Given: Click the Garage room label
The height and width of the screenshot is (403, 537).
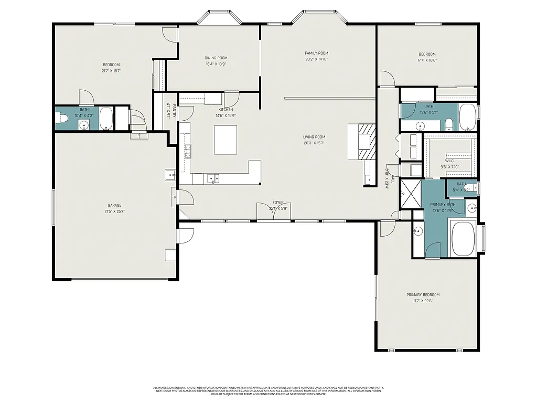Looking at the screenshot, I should point(115,205).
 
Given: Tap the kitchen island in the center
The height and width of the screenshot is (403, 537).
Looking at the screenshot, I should point(225,140).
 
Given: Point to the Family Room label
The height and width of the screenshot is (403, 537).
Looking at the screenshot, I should point(316,53).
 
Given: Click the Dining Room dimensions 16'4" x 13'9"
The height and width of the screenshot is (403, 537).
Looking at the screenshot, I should point(216,64).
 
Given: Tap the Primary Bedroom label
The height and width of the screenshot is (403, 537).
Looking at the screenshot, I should point(423,295).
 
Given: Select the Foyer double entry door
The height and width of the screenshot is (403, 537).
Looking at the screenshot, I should point(273,214).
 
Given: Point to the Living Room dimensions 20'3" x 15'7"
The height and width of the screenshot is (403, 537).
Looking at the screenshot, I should point(314,143).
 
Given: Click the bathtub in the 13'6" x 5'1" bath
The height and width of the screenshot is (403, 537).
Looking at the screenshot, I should point(467,117).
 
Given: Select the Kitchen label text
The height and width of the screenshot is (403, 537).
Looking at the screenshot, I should point(225,110).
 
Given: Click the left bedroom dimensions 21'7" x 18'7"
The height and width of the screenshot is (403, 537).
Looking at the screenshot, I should point(111,71).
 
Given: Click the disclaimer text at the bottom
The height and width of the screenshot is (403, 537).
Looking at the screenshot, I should point(268,390).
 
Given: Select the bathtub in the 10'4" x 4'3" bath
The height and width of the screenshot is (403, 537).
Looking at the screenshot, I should point(106,119).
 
